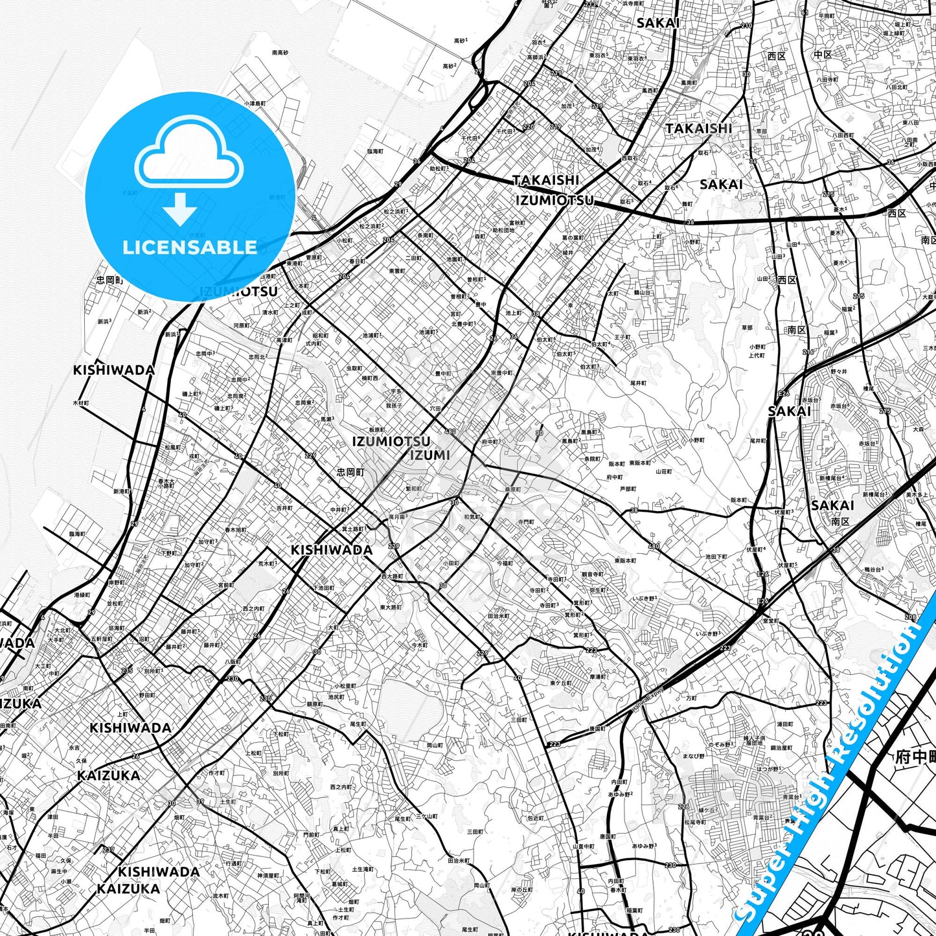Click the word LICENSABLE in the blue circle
click(190, 247)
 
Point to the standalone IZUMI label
click(429, 455)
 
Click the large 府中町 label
click(915, 757)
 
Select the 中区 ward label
click(822, 55)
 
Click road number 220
click(529, 127)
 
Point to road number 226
click(683, 806)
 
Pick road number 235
click(127, 670)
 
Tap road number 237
click(108, 850)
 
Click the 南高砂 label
click(280, 52)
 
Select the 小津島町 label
click(255, 103)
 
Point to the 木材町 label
click(81, 403)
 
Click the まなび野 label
click(693, 755)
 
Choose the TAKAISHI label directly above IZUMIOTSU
click(545, 180)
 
